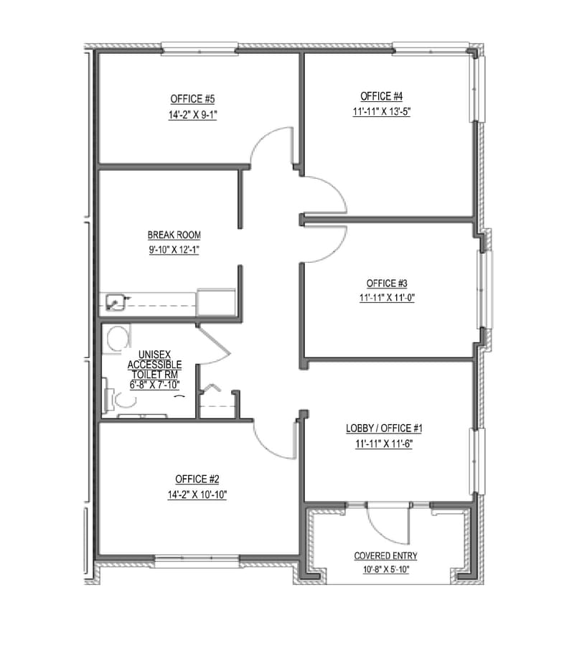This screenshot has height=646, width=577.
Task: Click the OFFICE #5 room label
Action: [x=193, y=98]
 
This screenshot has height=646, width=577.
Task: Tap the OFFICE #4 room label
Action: [x=380, y=95]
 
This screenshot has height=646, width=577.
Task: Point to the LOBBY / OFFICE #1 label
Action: [x=385, y=429]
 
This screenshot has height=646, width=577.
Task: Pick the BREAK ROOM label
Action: [x=174, y=235]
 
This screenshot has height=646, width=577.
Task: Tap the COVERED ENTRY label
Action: [x=385, y=556]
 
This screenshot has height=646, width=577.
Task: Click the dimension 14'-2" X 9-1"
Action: [x=193, y=114]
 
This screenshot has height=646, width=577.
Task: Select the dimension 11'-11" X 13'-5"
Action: [x=380, y=111]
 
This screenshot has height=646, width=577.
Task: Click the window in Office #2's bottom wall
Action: [x=197, y=561]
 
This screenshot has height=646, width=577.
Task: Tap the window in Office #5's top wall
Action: [x=199, y=48]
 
